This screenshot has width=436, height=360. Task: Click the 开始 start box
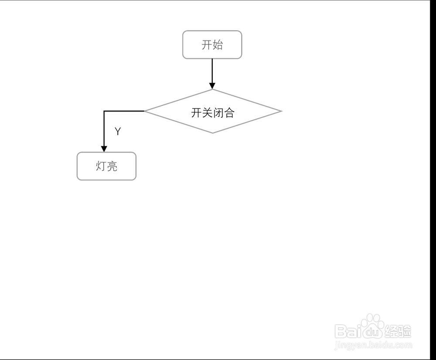tap(212, 44)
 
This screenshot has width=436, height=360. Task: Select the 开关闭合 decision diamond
tap(213, 111)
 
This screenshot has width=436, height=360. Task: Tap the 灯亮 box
tap(106, 166)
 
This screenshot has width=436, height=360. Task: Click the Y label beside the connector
tap(117, 132)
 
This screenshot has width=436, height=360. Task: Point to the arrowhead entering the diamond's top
tap(212, 86)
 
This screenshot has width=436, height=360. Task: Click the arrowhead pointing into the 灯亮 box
tap(104, 149)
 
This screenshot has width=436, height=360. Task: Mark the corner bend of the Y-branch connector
tap(104, 111)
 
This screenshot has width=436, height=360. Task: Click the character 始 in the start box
tap(218, 44)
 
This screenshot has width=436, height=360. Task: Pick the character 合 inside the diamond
tap(229, 113)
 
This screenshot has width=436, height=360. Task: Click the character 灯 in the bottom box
tap(101, 166)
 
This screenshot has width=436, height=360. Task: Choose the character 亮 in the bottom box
tap(112, 166)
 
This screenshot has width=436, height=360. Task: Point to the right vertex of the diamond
tap(281, 111)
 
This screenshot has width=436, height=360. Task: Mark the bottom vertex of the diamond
tap(212, 132)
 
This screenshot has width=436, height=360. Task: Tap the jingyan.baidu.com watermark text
tap(373, 346)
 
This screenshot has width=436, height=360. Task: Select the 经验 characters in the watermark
tap(398, 332)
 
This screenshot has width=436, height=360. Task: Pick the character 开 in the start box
tap(207, 44)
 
